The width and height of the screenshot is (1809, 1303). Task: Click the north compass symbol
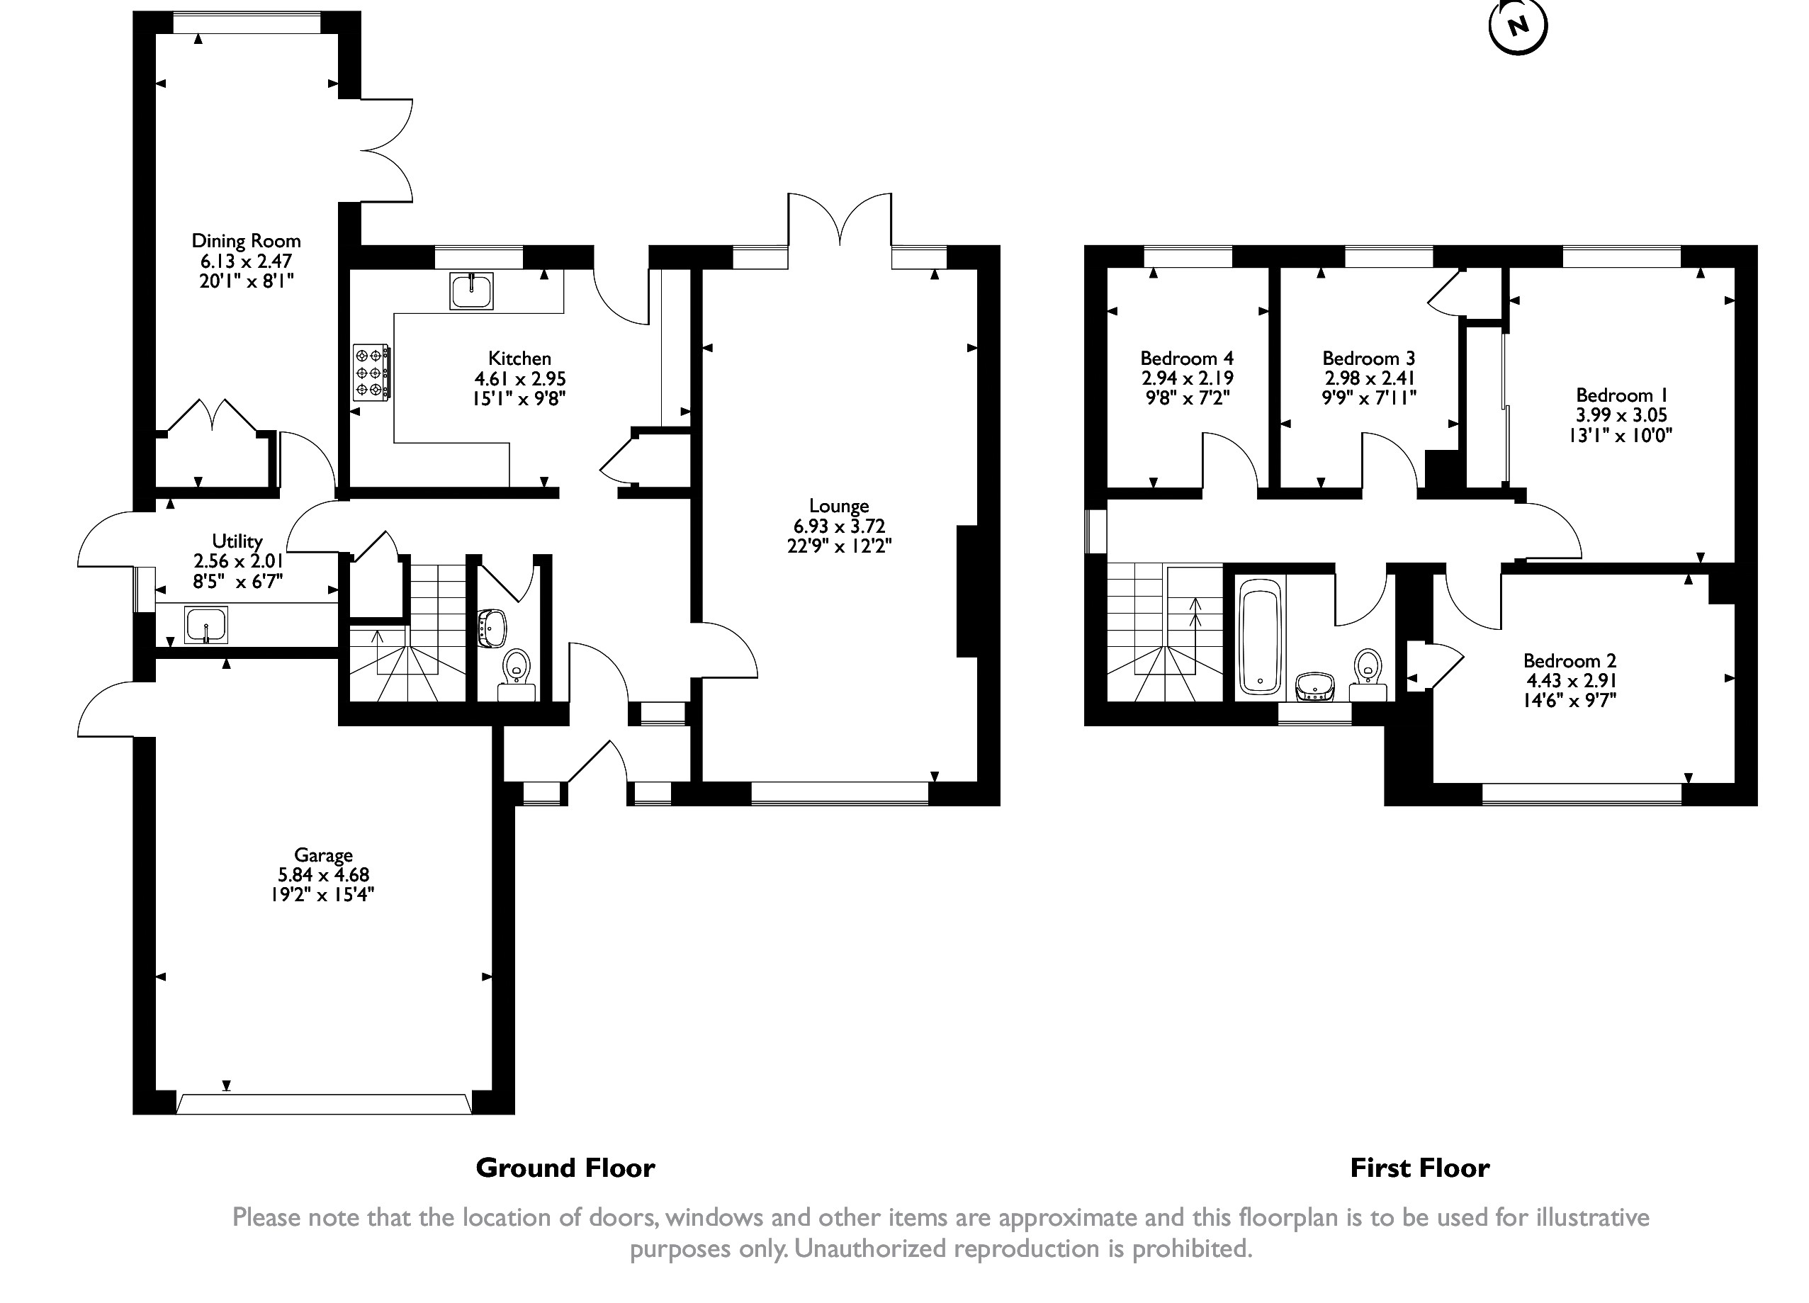click(x=1518, y=26)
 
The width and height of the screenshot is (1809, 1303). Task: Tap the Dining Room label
click(x=246, y=241)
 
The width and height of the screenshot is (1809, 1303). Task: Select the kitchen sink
click(x=471, y=291)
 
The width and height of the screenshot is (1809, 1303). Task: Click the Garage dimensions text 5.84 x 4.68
click(x=323, y=875)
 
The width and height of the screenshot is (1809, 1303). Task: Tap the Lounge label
click(x=838, y=506)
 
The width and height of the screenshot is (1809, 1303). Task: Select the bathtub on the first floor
click(x=1261, y=638)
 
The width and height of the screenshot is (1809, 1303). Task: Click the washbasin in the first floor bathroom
click(x=1314, y=687)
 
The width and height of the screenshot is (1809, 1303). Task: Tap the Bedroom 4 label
click(x=1187, y=358)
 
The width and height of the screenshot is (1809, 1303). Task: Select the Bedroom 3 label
click(x=1369, y=358)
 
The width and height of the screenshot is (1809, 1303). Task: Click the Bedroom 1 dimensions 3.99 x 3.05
click(x=1621, y=415)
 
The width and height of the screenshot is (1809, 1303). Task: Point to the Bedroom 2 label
click(x=1570, y=660)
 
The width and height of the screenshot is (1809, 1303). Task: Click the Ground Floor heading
click(x=565, y=1168)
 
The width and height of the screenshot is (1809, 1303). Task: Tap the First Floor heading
click(x=1420, y=1168)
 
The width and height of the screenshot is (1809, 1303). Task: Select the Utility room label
click(x=237, y=541)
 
